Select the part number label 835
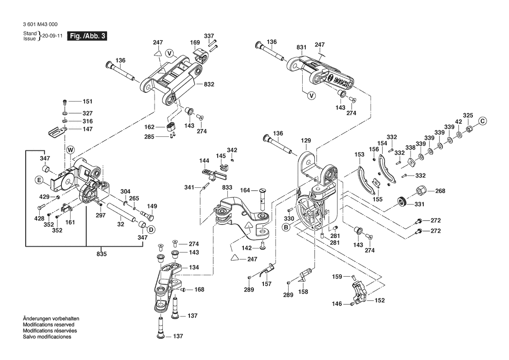click(x=102, y=254)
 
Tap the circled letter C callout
click(x=482, y=121)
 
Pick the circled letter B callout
click(x=286, y=227)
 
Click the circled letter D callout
click(x=151, y=230)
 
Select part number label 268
click(x=440, y=190)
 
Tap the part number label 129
click(x=306, y=141)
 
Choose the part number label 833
click(x=227, y=187)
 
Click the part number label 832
click(x=209, y=85)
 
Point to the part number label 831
click(x=301, y=47)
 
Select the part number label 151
click(x=88, y=102)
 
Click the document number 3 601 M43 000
click(x=40, y=25)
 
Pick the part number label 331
click(x=418, y=204)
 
